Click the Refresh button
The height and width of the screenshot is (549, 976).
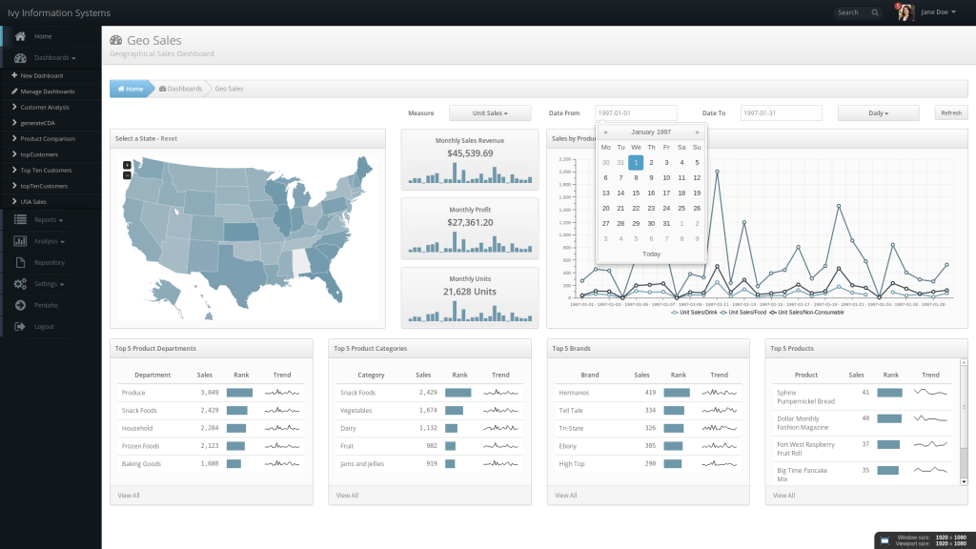[x=950, y=113]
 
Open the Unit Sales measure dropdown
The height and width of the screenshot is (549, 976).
[x=490, y=113]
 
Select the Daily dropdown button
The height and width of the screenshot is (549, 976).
[x=878, y=113]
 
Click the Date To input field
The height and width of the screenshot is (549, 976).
[x=781, y=113]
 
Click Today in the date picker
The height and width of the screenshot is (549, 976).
[x=651, y=254]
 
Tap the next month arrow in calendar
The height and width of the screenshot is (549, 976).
[x=697, y=132]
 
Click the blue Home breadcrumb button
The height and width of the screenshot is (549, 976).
[x=131, y=89]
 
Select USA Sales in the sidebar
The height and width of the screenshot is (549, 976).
[x=33, y=201]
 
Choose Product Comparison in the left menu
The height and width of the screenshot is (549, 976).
[x=48, y=138]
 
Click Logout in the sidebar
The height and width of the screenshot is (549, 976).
[x=44, y=327]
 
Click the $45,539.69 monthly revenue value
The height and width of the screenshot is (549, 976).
[x=470, y=152]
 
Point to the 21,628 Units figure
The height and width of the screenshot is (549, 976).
[x=470, y=291]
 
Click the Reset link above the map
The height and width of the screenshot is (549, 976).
[x=169, y=138]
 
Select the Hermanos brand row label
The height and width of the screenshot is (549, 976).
[x=575, y=393]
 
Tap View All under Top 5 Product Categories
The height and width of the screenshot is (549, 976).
[x=348, y=496]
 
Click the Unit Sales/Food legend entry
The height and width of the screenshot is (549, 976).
[x=747, y=313]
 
